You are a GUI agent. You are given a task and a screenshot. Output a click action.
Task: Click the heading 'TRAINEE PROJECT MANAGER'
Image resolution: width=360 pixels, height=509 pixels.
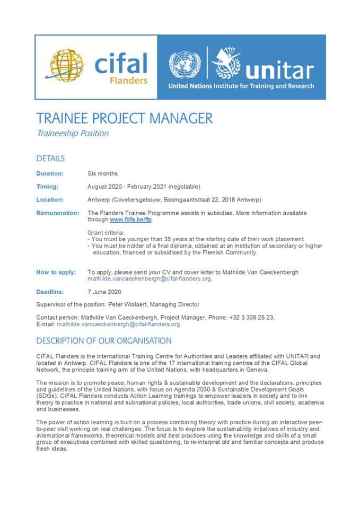[124, 118]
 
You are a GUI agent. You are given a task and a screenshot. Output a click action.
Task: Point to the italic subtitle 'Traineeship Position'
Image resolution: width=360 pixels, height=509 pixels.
[72, 133]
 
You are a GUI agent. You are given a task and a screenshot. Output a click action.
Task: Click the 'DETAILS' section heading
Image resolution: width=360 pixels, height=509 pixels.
[50, 159]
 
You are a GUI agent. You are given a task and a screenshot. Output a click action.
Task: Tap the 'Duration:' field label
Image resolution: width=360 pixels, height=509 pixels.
[50, 173]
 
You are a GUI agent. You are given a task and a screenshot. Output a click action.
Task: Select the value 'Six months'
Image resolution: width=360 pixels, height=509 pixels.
[102, 173]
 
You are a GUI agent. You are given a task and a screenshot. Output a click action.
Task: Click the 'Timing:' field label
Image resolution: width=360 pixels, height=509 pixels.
[47, 187]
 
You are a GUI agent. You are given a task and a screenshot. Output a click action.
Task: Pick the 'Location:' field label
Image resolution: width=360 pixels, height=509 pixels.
[50, 200]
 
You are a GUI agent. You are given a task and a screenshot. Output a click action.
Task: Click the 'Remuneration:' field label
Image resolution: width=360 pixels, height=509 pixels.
[57, 213]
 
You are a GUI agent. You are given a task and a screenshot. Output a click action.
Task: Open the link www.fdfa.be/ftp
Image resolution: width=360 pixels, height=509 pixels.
[127, 219]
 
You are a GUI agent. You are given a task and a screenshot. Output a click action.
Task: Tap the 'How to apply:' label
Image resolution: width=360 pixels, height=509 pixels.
[56, 272]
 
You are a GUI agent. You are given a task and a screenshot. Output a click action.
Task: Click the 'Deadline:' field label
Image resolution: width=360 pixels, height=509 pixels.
[50, 292]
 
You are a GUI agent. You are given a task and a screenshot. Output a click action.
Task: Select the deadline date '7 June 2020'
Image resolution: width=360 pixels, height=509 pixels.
[104, 292]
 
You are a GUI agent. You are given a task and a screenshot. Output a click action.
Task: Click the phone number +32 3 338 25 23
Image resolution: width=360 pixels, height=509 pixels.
[252, 317]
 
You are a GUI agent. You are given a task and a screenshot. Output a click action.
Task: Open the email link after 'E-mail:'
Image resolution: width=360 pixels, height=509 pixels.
[119, 324]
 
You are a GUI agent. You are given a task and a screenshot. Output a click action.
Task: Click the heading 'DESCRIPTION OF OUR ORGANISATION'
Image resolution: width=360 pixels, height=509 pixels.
[104, 340]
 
